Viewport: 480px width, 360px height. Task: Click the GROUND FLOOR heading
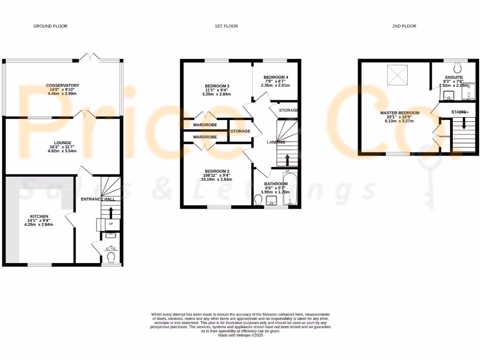pos(50,26)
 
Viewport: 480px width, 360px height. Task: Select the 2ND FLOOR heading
pos(405,26)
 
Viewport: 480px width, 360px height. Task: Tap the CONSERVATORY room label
pos(63,85)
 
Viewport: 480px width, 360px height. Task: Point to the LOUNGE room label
pos(62,142)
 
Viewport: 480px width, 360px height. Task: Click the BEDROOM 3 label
pos(217,86)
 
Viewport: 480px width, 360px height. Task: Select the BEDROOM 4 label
pos(276,77)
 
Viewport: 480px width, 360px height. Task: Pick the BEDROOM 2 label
pos(217,171)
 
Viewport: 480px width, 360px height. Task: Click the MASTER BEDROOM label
pos(399,113)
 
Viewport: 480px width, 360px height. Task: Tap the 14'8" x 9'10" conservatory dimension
pos(63,90)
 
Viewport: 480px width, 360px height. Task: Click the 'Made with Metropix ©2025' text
pos(240,335)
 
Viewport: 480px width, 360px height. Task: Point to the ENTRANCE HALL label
pos(98,199)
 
